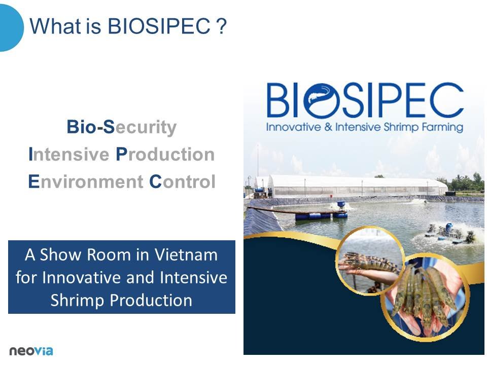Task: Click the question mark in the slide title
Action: point(222,26)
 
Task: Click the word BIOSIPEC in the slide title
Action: point(159,26)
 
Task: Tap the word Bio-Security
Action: point(121,127)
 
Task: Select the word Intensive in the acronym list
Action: point(68,154)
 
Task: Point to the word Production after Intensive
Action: point(165,154)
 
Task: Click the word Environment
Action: point(86,181)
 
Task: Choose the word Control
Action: point(182,181)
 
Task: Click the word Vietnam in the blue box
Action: point(186,255)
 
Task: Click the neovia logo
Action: point(31,351)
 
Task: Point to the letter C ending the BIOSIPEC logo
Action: point(446,100)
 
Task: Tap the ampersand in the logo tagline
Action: point(328,127)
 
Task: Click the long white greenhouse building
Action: point(357,186)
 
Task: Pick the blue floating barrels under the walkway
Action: point(321,215)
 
